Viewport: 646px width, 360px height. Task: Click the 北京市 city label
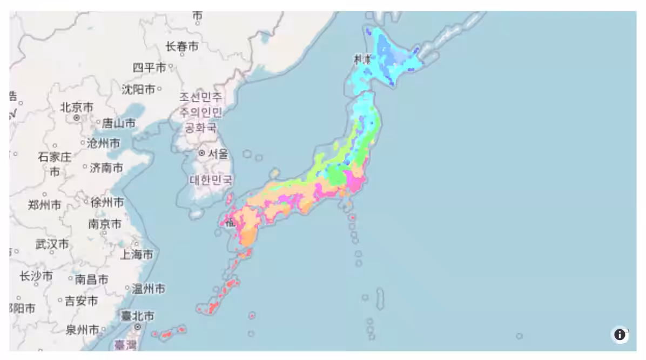pos(77,106)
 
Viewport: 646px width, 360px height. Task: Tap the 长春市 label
pos(181,47)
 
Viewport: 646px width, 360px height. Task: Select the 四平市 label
pos(150,68)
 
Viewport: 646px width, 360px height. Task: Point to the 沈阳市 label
pos(138,89)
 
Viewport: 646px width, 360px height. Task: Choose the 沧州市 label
pos(104,143)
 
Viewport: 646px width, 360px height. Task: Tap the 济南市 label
pos(106,168)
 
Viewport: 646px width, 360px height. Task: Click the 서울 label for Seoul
pos(218,154)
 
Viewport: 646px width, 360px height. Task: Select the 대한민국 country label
pos(211,179)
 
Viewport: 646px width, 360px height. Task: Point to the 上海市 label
pos(137,254)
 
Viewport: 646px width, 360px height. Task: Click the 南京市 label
pos(105,224)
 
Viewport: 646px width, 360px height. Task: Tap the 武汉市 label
pos(52,244)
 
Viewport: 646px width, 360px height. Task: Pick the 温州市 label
pos(149,289)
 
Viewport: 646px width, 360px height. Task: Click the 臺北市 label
pos(137,316)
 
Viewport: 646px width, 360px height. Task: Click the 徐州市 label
pos(107,202)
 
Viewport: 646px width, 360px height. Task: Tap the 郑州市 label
pos(44,205)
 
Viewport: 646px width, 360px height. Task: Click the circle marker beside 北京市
pos(77,117)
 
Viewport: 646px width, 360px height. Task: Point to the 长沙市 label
pos(36,276)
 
